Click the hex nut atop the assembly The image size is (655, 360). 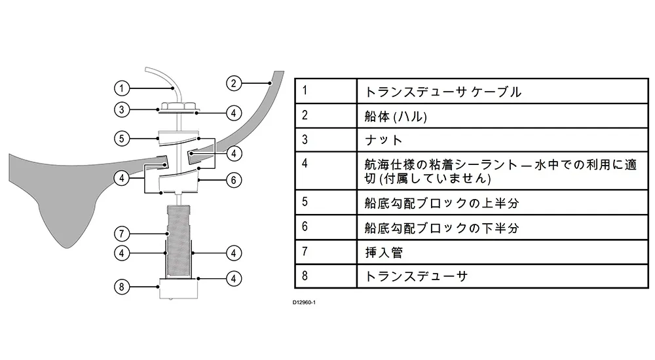point(178,105)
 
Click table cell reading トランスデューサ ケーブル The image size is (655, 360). point(443,92)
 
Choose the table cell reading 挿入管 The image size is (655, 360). point(380,252)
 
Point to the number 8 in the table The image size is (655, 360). point(305,275)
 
